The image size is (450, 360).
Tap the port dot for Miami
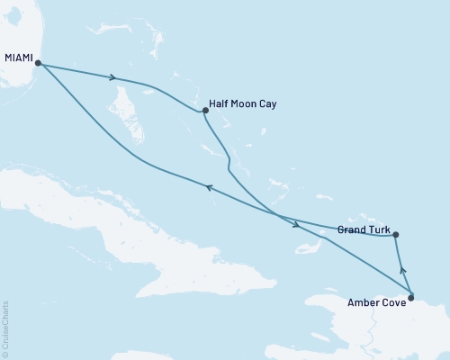click(38, 62)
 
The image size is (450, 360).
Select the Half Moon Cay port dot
click(206, 111)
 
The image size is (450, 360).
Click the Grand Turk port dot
click(396, 236)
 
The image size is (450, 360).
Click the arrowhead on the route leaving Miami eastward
click(112, 77)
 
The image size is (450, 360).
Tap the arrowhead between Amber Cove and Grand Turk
click(402, 267)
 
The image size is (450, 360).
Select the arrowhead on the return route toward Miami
click(208, 187)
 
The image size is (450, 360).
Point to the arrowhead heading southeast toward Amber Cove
click(295, 224)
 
